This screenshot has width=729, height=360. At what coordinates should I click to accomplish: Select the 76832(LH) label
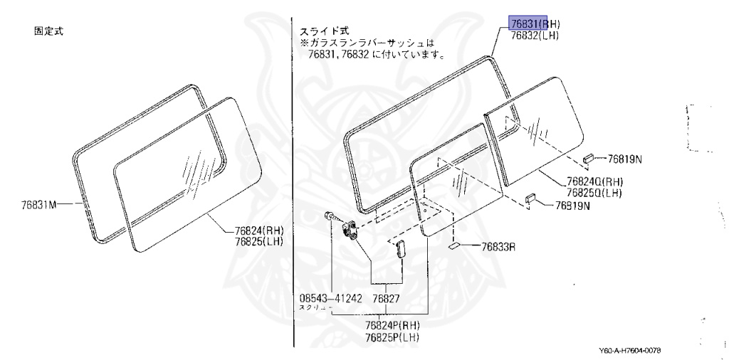534,33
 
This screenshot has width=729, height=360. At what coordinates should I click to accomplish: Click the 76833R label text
498,247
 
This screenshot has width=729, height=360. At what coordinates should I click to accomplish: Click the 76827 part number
387,298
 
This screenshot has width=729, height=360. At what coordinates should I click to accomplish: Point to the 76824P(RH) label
392,325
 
